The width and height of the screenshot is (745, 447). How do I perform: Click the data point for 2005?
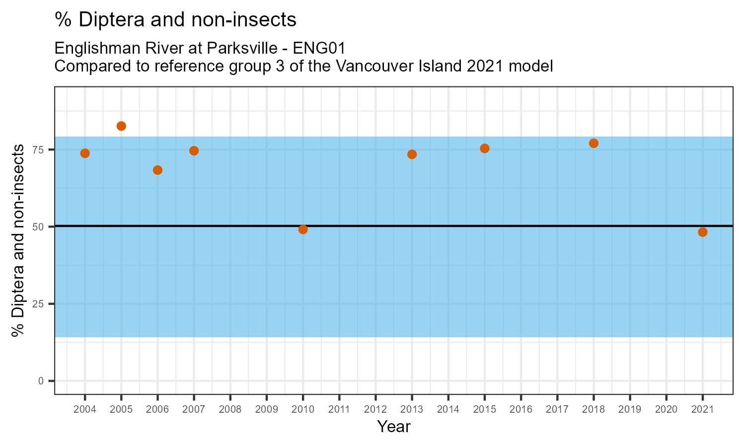click(x=121, y=126)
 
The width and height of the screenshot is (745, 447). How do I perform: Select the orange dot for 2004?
click(x=85, y=153)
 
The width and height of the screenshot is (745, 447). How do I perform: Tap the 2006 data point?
click(x=157, y=170)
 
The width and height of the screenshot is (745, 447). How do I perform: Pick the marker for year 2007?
click(x=194, y=151)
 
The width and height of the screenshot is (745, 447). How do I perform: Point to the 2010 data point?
click(x=303, y=229)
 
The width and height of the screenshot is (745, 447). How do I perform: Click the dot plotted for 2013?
click(x=412, y=154)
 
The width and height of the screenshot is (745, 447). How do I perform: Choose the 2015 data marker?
click(x=485, y=149)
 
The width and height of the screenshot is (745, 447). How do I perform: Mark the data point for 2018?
click(x=594, y=144)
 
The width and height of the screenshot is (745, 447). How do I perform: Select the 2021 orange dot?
click(x=703, y=232)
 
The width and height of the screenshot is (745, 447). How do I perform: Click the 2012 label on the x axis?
click(x=375, y=410)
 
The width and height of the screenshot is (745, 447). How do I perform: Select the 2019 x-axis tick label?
click(x=630, y=410)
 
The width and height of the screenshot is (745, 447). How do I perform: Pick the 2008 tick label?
click(x=230, y=410)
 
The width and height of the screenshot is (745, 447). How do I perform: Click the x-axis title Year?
click(x=394, y=427)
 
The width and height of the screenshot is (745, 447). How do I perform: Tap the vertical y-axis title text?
click(x=18, y=240)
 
